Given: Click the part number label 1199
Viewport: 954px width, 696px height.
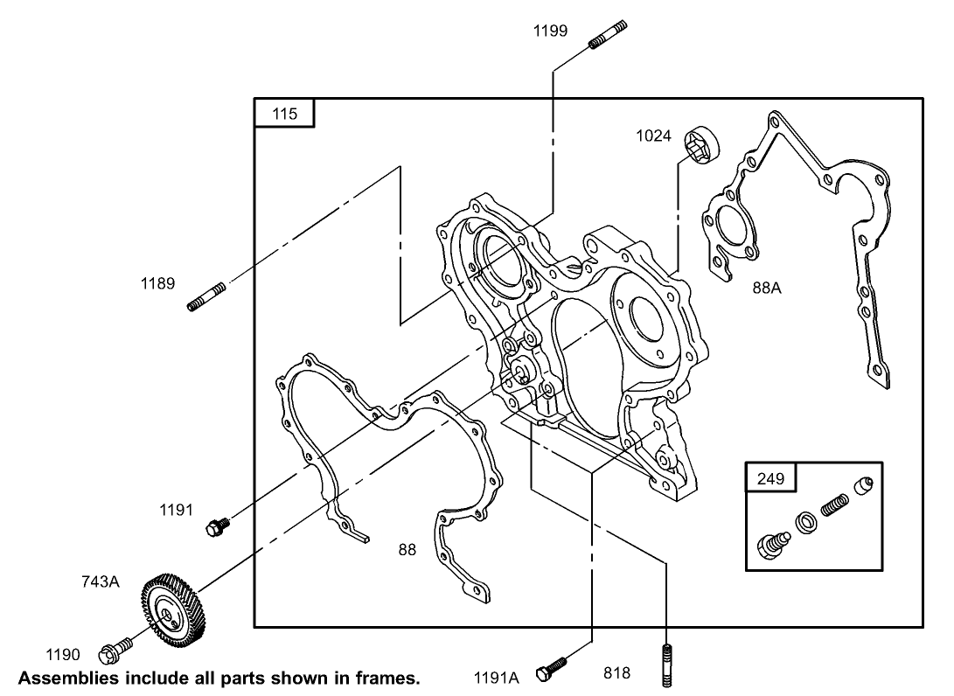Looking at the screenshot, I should [x=551, y=31].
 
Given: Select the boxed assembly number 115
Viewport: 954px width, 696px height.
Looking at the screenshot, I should [x=284, y=114].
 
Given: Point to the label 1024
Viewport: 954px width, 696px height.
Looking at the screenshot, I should [x=654, y=136].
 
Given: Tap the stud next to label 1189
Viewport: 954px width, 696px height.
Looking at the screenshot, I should [x=207, y=295].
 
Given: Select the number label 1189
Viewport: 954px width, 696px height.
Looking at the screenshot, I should [x=157, y=283].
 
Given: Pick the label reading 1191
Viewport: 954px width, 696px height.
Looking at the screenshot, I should [x=176, y=511].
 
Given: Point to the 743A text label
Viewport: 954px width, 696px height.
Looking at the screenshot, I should [x=101, y=581].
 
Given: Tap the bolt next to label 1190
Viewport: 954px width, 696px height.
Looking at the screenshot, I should [x=114, y=650].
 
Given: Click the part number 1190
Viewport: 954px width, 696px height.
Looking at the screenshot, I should [x=63, y=654].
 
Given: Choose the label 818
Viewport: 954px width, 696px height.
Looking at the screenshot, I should [x=616, y=673].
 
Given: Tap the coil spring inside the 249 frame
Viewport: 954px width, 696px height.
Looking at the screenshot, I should [x=834, y=505].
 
